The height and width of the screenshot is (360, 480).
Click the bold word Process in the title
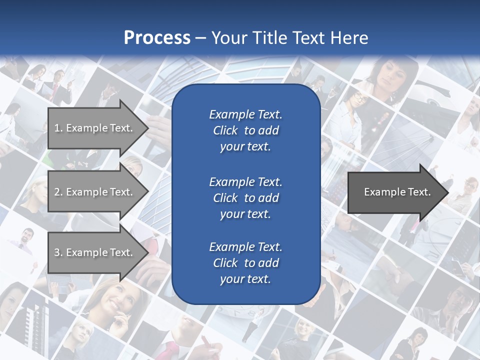157,37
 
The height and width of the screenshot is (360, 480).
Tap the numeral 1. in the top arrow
58,128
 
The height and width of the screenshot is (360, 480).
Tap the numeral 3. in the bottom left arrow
58,252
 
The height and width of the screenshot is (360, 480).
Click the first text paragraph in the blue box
245,130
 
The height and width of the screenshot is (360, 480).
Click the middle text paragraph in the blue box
245,197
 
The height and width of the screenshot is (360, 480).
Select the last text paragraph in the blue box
245,263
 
